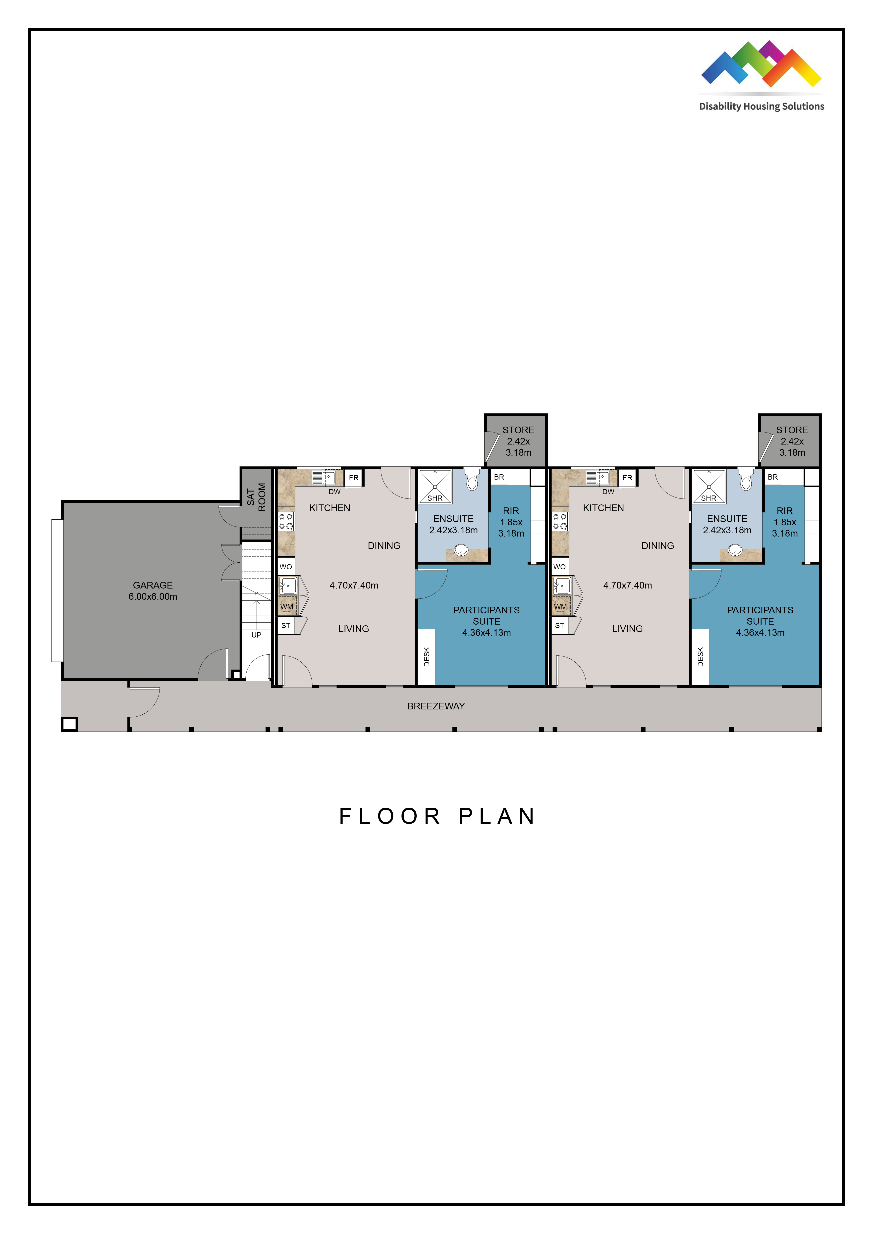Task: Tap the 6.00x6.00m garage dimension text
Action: [153, 596]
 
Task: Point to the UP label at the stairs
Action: [256, 635]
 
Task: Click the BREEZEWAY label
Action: [436, 706]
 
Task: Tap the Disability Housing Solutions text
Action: [761, 106]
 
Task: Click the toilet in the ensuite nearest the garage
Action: [471, 479]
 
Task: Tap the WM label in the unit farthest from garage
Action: [560, 607]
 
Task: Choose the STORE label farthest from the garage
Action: [792, 430]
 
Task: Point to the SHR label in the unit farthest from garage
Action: [709, 498]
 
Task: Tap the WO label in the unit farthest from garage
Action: [560, 566]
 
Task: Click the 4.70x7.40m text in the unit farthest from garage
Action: [627, 585]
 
